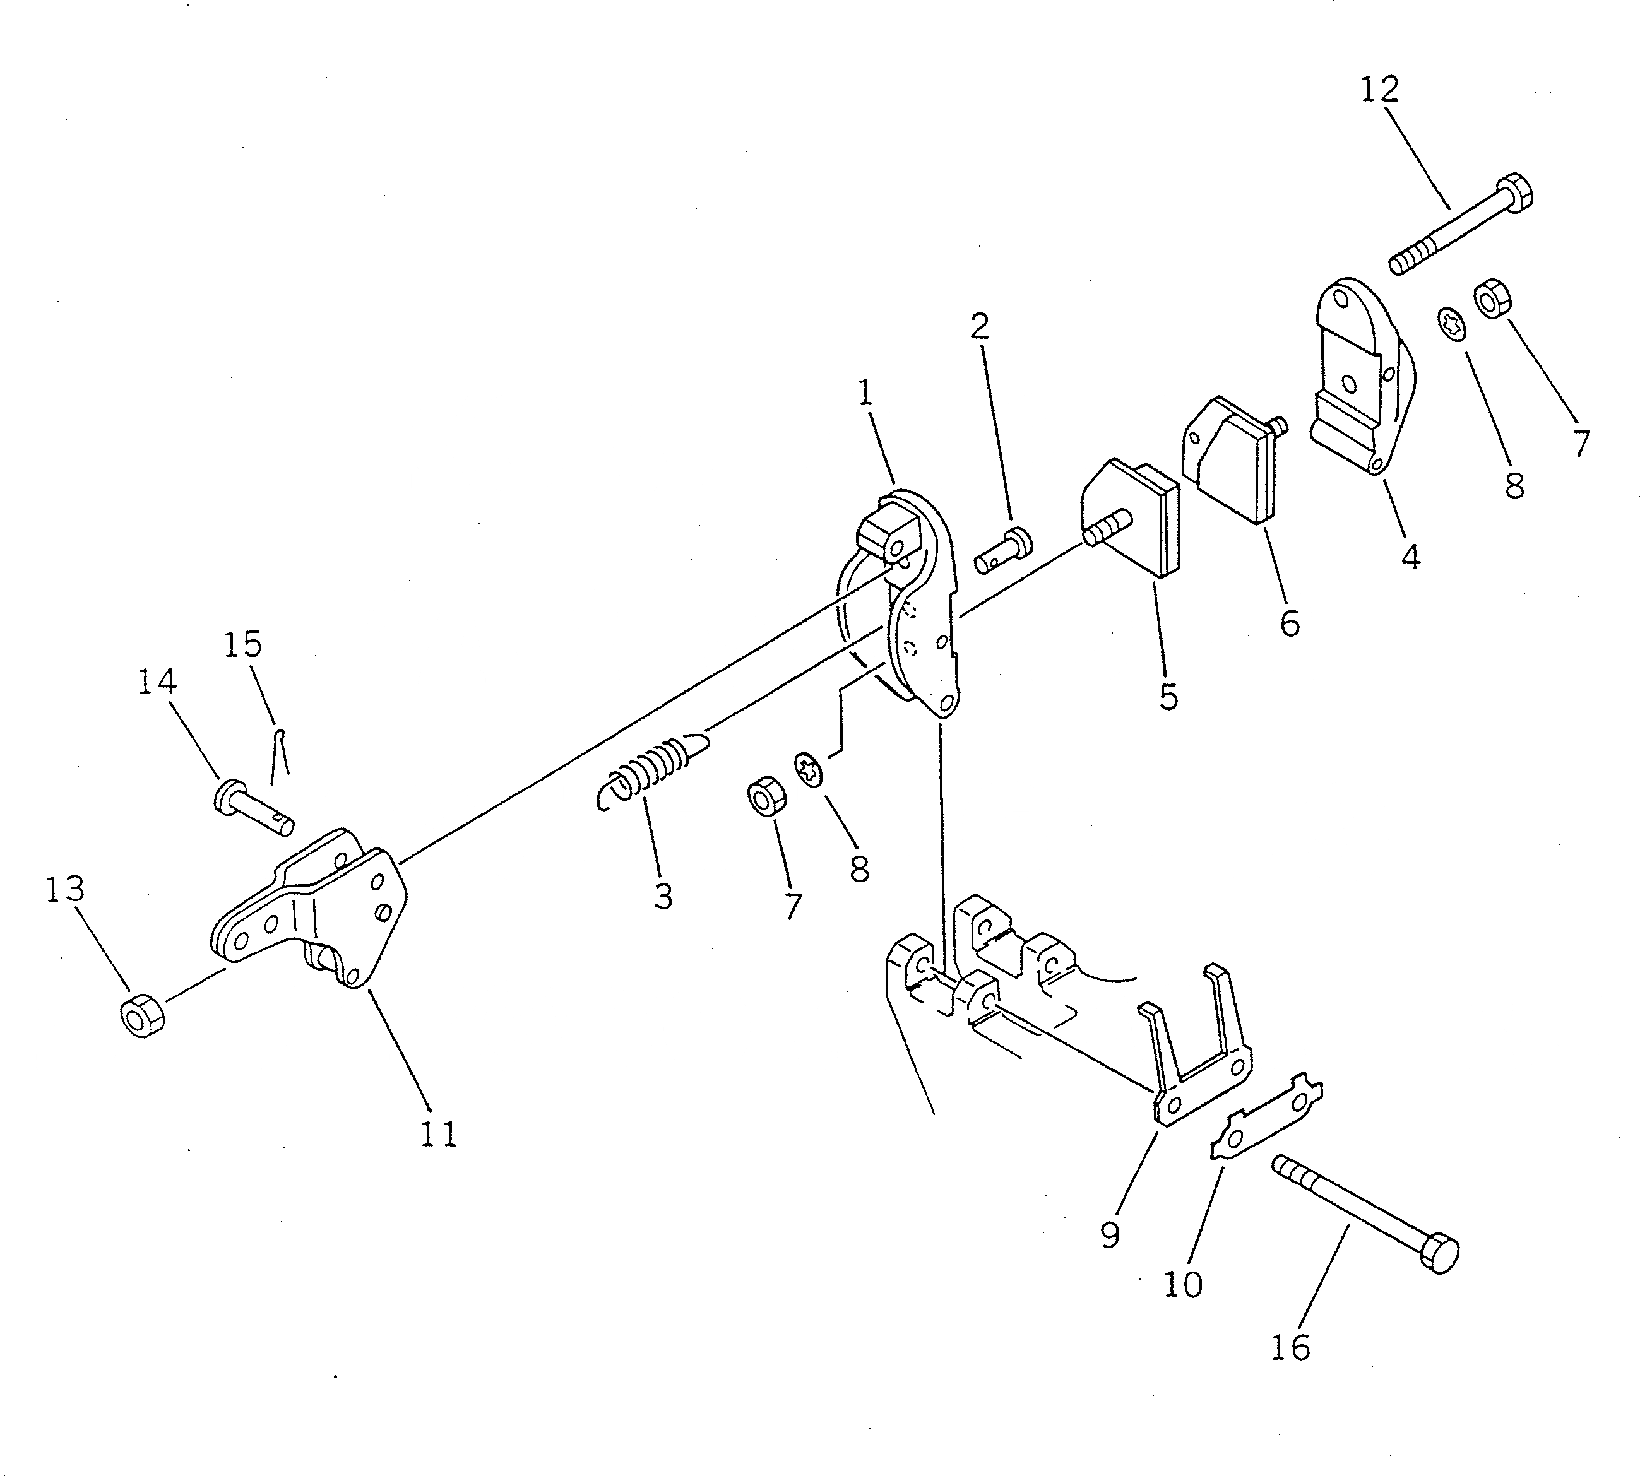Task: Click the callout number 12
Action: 1379,89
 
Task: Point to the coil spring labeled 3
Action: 649,770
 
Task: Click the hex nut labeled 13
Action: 143,1017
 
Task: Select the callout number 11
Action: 439,1135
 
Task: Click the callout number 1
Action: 865,395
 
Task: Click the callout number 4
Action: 1411,557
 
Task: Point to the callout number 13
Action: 65,890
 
